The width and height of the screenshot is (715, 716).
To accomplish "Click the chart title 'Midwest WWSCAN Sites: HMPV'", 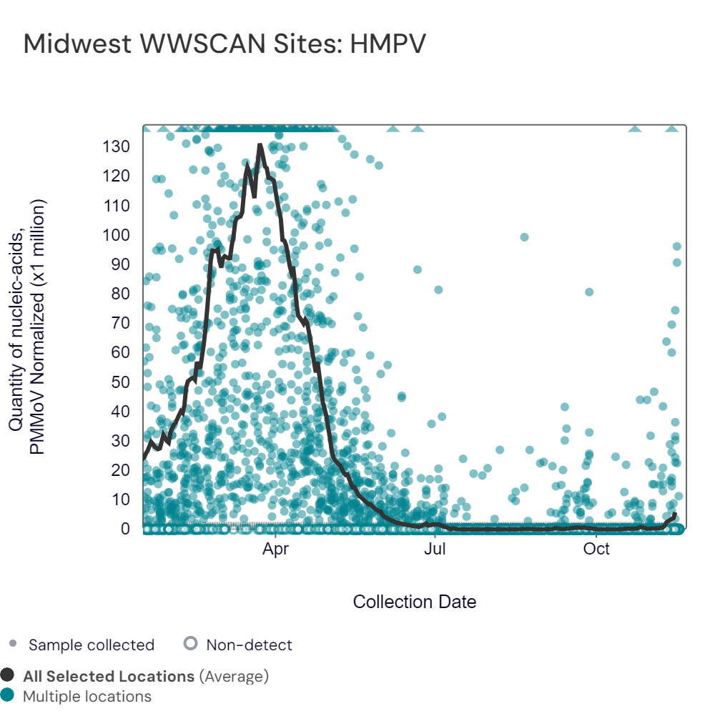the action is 225,44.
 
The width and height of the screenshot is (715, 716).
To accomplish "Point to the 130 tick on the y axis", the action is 116,146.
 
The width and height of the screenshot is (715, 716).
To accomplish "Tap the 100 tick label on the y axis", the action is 116,235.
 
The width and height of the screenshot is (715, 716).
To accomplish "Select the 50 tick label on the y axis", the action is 120,382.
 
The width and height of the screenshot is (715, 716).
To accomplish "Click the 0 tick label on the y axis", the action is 125,529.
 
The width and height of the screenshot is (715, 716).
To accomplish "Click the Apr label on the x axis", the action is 275,548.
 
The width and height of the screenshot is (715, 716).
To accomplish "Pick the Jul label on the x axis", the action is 435,548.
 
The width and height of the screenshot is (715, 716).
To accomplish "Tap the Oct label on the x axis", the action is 596,548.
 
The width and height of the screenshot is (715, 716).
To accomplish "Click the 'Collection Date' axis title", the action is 415,602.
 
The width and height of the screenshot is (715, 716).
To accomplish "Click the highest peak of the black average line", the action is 260,145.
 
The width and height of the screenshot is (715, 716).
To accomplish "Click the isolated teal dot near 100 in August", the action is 525,237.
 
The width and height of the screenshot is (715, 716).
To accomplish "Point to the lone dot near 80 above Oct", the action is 589,292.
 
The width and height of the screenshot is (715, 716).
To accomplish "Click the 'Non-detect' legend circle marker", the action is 190,643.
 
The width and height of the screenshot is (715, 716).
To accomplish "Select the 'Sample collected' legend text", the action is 92,645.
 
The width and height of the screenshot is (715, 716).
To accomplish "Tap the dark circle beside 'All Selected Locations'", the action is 7,675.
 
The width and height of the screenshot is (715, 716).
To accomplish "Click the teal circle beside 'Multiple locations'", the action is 7,695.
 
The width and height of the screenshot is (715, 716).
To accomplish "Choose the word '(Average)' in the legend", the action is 234,676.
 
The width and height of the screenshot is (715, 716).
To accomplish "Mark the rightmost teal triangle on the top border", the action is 671,129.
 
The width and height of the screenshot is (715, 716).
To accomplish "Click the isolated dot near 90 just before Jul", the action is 418,270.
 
